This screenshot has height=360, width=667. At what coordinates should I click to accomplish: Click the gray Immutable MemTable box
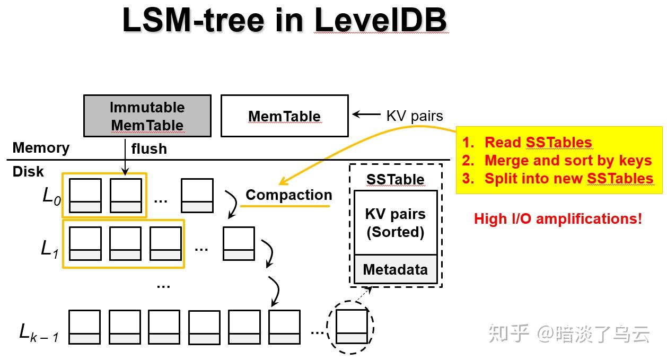(x=147, y=116)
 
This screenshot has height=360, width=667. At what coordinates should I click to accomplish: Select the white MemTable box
(x=284, y=116)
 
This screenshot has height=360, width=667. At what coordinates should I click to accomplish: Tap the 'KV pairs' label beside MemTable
(x=414, y=116)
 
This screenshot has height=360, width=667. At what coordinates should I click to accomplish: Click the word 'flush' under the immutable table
(x=149, y=149)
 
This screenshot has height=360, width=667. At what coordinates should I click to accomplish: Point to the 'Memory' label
(x=41, y=147)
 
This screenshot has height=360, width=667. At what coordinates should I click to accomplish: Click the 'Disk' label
(x=28, y=172)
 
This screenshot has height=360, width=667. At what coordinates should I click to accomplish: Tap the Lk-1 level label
(x=39, y=333)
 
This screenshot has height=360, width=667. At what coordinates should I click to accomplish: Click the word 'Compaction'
(x=288, y=195)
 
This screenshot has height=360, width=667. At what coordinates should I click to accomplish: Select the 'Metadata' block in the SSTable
(x=395, y=269)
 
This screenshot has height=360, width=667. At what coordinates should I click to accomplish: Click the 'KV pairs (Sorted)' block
(x=395, y=223)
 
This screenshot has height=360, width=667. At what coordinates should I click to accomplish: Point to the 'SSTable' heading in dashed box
(x=395, y=179)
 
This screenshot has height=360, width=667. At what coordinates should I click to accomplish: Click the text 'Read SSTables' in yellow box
(x=538, y=142)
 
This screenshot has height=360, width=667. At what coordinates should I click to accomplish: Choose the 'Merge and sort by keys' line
(x=567, y=160)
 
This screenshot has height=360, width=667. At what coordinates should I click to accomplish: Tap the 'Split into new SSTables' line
(x=568, y=178)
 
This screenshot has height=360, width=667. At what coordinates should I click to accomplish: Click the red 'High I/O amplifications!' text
(x=558, y=218)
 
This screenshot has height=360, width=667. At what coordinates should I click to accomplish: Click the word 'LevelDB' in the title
(x=381, y=20)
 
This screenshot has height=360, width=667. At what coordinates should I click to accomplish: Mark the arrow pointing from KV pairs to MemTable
(x=366, y=115)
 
